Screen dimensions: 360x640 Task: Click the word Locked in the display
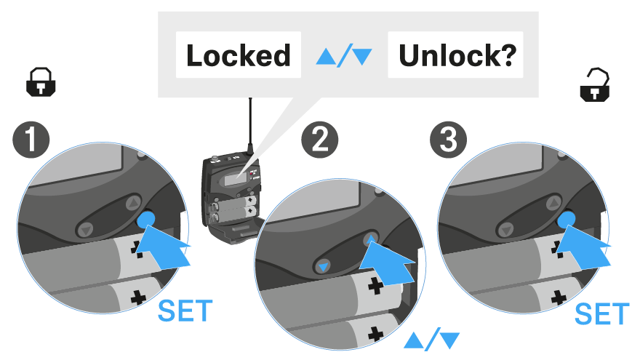[238, 56]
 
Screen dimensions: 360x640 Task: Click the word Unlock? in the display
[456, 56]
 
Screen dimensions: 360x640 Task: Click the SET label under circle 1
[185, 311]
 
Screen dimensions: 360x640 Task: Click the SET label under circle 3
[601, 314]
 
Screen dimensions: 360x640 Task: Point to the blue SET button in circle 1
[146, 220]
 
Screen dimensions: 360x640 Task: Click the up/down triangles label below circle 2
[432, 339]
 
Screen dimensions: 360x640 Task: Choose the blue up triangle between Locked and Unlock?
[326, 56]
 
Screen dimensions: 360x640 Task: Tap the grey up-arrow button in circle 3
[555, 200]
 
